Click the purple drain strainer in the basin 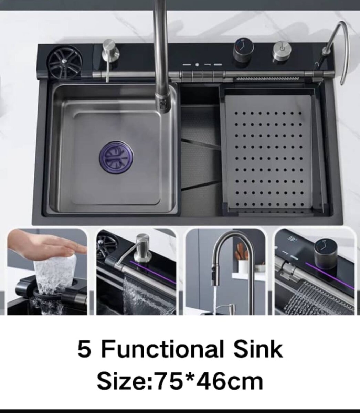[x=116, y=157]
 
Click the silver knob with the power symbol [x=282, y=52]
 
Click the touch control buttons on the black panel [x=202, y=65]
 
